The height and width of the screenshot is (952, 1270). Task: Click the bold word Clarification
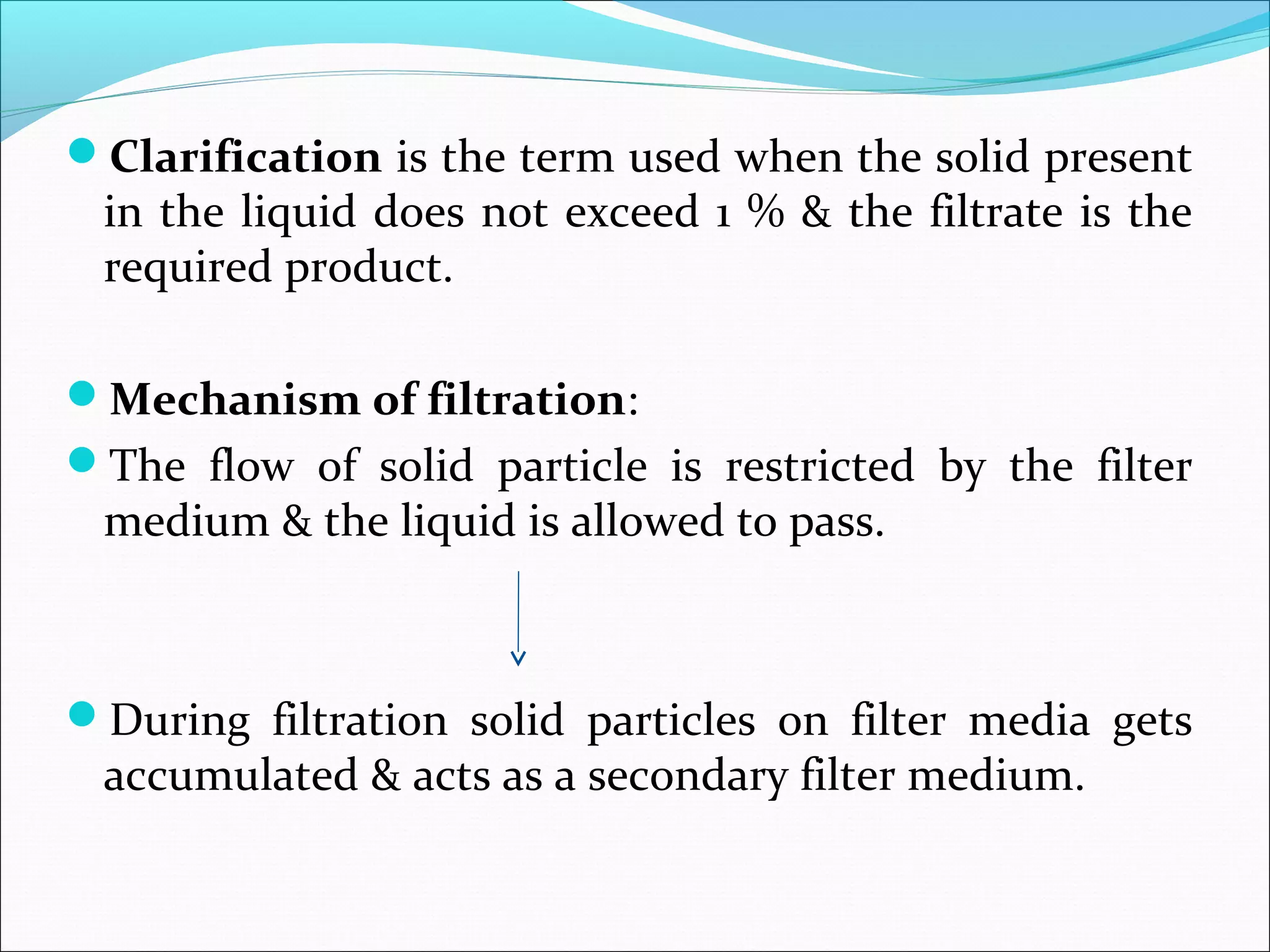[x=246, y=157]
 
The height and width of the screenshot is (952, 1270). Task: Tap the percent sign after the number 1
[x=766, y=212]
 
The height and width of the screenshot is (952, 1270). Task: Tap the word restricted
[x=819, y=465]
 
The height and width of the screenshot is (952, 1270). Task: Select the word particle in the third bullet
[x=572, y=465]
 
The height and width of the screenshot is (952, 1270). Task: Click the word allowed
[x=646, y=521]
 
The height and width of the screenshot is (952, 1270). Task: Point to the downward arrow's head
[x=518, y=658]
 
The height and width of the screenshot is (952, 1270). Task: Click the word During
[x=180, y=721]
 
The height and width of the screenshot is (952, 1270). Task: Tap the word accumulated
[x=231, y=775]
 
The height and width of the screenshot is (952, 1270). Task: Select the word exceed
[x=632, y=212]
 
